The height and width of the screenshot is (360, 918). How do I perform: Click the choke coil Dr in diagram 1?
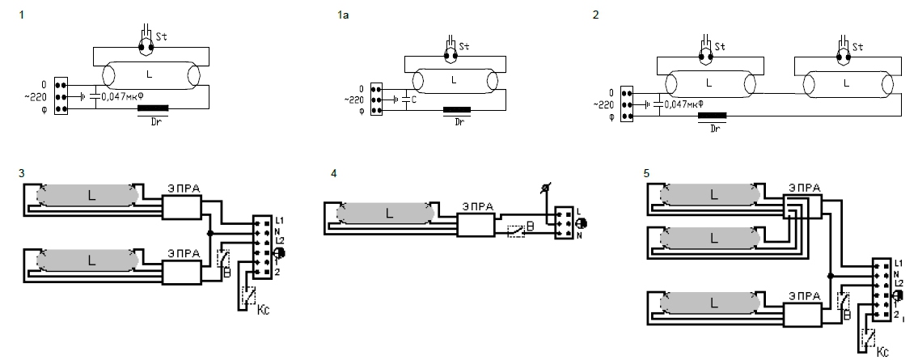pos(153,108)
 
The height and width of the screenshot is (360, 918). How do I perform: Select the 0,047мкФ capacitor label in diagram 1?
pos(123,95)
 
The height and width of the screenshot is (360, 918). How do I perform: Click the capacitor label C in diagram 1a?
pos(413,100)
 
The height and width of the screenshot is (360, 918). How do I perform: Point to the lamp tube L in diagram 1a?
pos(455,80)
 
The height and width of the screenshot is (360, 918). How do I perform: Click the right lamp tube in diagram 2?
pos(847,83)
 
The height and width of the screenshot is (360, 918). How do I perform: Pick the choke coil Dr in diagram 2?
pos(713,116)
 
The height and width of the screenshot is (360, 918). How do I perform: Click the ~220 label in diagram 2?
pos(603,105)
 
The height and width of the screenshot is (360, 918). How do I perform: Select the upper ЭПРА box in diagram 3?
pos(181,207)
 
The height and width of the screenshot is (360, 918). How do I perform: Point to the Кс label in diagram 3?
pos(264,308)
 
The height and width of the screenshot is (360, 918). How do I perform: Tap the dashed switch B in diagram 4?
pos(515,230)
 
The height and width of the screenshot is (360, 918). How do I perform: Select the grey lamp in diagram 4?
pos(386,213)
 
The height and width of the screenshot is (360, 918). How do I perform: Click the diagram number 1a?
pos(342,15)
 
